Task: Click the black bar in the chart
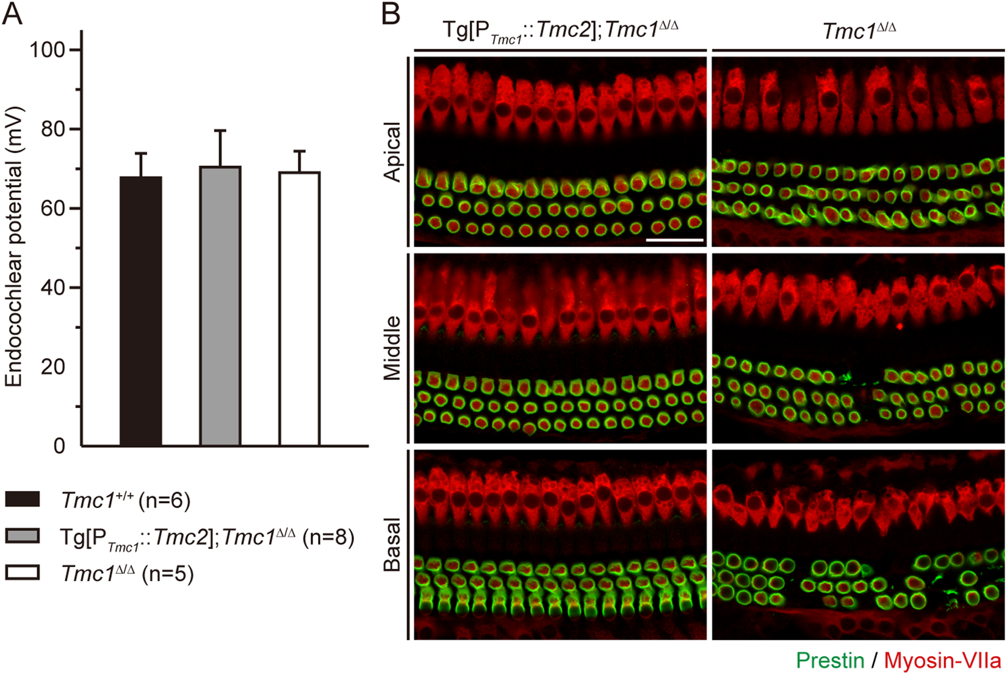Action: [141, 311]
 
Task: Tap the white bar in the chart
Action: [300, 309]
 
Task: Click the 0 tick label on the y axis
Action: [59, 446]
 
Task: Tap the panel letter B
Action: [391, 13]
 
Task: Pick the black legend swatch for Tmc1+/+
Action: [23, 499]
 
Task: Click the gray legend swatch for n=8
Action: [23, 536]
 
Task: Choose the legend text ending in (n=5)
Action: [128, 574]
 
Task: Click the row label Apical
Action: [392, 151]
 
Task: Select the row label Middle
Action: [392, 348]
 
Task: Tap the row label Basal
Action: [392, 545]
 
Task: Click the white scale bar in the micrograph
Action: [674, 240]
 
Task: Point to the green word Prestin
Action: [830, 660]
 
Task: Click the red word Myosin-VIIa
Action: [942, 660]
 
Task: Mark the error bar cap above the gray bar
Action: [220, 130]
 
